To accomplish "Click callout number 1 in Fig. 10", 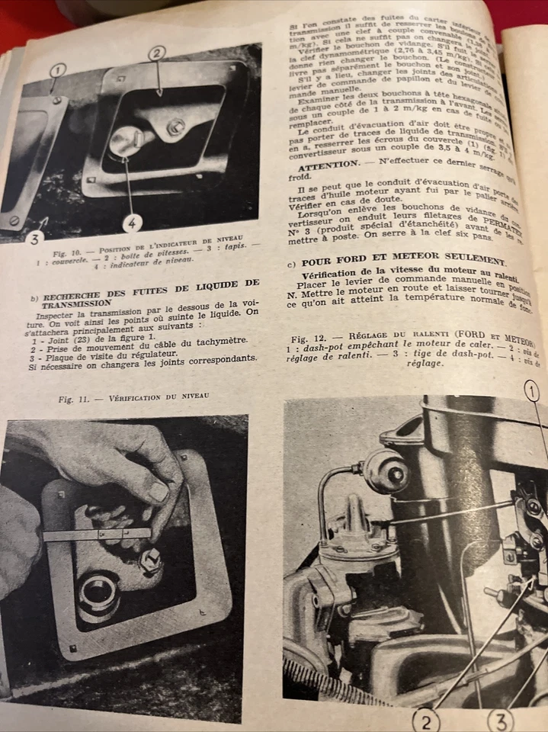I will (x=58, y=71).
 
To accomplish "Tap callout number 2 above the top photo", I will (x=156, y=53).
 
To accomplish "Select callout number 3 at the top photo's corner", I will (x=34, y=239).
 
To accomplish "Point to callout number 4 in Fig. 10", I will (x=131, y=224).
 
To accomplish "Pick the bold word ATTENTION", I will (x=327, y=165).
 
